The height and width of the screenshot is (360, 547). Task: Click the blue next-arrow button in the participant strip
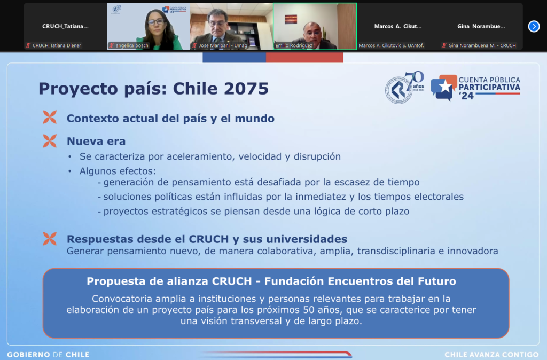534,26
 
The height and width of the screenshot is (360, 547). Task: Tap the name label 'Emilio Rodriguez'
294,45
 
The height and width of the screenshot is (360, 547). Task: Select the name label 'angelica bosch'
132,45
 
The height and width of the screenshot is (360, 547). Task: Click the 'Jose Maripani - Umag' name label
223,45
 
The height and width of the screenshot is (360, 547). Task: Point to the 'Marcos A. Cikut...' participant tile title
397,26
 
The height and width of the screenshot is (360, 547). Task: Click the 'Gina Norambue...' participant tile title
481,26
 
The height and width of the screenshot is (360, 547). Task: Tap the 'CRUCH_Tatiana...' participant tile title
65,26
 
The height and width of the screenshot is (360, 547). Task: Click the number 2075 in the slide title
246,89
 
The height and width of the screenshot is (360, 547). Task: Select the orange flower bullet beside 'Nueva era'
50,141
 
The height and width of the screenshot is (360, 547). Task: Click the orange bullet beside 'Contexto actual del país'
50,117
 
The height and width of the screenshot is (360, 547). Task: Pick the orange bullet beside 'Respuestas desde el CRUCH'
50,239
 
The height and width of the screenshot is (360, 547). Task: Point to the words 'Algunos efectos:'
118,171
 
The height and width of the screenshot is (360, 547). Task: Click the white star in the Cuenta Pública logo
445,87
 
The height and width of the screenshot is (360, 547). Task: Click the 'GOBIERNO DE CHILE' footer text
48,355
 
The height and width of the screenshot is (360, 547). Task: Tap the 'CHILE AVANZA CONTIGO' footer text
491,355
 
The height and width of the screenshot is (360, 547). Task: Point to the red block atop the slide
304,58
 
